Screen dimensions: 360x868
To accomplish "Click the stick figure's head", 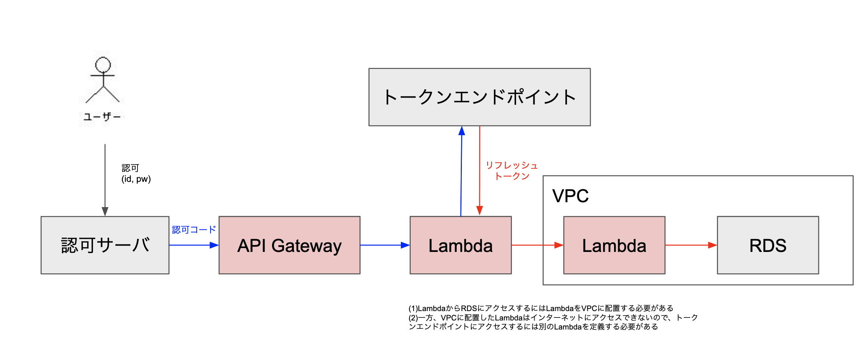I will click(x=103, y=65).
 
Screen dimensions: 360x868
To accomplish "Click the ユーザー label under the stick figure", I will click(x=102, y=117).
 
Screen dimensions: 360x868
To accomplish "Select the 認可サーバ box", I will click(x=105, y=245).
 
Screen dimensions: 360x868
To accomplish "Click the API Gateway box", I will click(x=289, y=245).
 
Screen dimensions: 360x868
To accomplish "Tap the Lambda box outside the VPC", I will click(x=460, y=245).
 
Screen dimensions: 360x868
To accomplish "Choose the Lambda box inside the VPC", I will click(x=614, y=245).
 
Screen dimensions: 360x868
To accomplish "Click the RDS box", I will click(x=768, y=245).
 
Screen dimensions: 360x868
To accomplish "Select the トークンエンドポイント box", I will click(x=479, y=97).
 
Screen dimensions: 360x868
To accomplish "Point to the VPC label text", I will click(x=570, y=196).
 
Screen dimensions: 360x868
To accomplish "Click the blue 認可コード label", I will click(x=194, y=230).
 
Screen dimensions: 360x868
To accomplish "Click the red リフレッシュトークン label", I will click(x=512, y=171).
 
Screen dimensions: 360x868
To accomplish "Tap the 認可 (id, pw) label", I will click(x=136, y=174).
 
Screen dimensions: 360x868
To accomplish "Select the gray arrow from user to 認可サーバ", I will click(x=105, y=177).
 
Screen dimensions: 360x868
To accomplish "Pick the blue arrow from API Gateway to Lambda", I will click(x=384, y=245).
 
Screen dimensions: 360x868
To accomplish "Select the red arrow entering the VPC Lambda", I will click(x=537, y=245).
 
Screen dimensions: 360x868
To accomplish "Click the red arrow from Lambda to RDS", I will click(x=691, y=245).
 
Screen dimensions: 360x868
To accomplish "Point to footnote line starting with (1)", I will click(x=541, y=308).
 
